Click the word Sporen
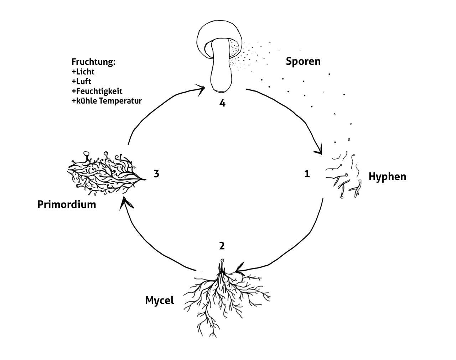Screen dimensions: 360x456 (x=303, y=61)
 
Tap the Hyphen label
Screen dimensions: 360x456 (x=387, y=177)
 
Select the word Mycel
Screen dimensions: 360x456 (x=160, y=300)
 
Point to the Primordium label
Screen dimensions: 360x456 (x=67, y=204)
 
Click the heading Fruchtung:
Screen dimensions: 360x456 (x=94, y=62)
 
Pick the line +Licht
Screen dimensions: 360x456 (x=83, y=72)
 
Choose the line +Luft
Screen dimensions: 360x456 (x=82, y=81)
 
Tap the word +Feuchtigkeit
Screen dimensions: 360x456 (x=97, y=91)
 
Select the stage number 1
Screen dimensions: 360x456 (x=307, y=174)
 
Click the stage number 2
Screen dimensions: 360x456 (x=222, y=246)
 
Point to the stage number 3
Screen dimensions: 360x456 (x=156, y=174)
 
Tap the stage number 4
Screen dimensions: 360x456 (x=222, y=103)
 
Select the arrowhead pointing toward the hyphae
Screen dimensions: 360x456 (x=318, y=150)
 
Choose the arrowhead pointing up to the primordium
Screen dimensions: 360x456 (x=125, y=203)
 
